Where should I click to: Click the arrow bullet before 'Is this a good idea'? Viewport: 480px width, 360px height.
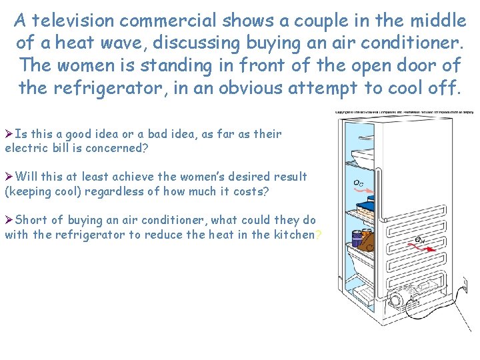tap(9, 134)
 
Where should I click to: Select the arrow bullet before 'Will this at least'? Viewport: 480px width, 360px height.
tap(9, 177)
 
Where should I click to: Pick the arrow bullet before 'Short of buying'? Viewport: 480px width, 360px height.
tap(9, 219)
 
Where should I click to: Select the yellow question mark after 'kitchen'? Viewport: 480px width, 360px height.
tap(319, 234)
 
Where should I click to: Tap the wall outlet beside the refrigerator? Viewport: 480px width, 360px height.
tap(465, 287)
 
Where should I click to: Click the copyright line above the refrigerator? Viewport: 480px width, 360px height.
tap(404, 112)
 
